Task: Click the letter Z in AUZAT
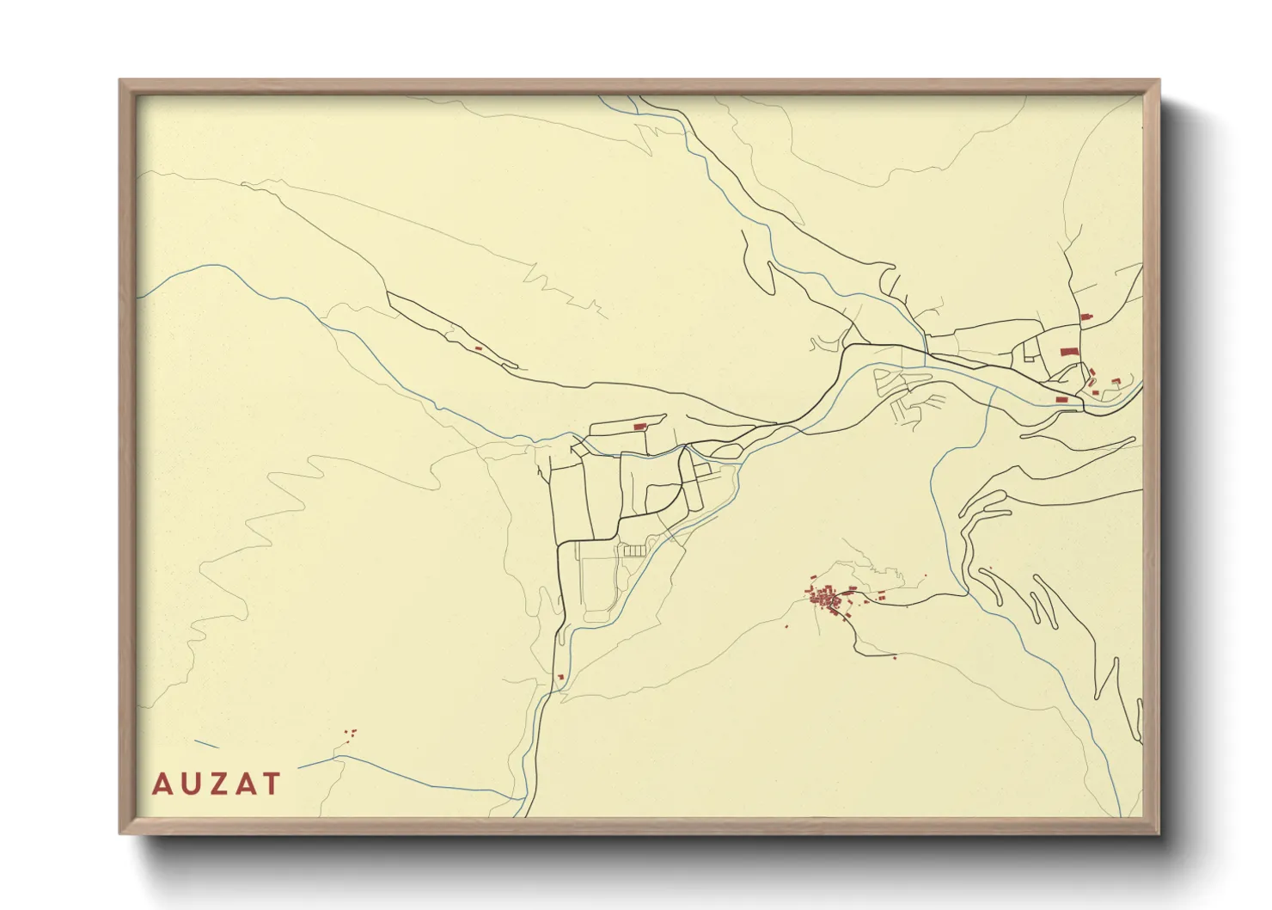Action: [x=216, y=784]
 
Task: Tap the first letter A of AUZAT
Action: [x=161, y=784]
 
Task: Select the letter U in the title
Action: [x=188, y=784]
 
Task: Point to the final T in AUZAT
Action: [x=272, y=784]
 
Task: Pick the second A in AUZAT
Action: [x=244, y=784]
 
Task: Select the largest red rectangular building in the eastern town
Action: [x=1068, y=352]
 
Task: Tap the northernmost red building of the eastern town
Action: [x=1085, y=318]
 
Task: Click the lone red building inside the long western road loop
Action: [x=478, y=348]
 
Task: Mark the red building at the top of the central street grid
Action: [x=639, y=427]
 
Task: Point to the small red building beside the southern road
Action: [x=560, y=678]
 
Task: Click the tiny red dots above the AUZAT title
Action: [x=351, y=734]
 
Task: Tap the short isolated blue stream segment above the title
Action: [x=206, y=744]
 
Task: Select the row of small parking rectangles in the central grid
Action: [x=633, y=549]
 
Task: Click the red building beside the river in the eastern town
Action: [x=1062, y=399]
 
